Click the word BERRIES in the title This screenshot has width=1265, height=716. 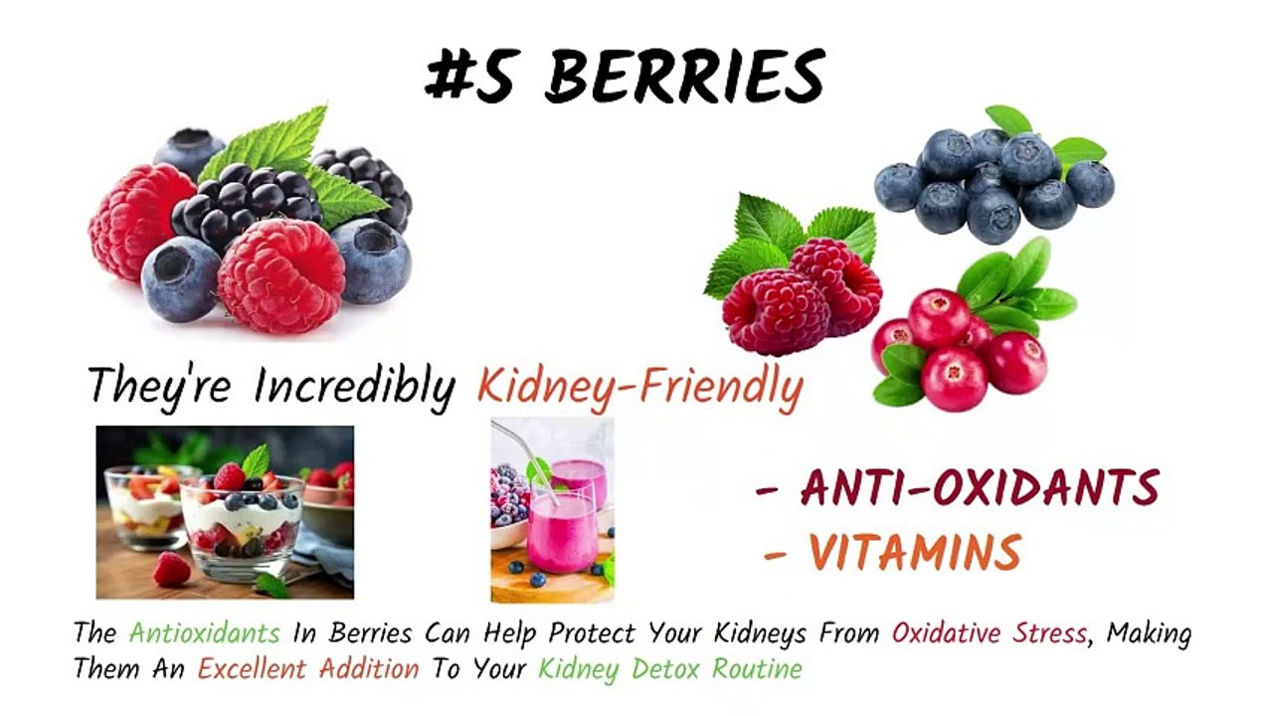point(685,76)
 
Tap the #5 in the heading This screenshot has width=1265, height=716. point(469,76)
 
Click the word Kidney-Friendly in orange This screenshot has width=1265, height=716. point(639,386)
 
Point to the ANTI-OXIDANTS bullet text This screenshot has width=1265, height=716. point(980,488)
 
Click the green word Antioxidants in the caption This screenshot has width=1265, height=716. point(205,632)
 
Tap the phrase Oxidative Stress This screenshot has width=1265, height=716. point(989,632)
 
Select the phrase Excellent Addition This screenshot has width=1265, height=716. point(308,668)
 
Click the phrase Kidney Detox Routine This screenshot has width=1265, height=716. point(669,668)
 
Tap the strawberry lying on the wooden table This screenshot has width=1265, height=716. point(172,569)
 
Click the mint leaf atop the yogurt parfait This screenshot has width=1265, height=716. point(257,460)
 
